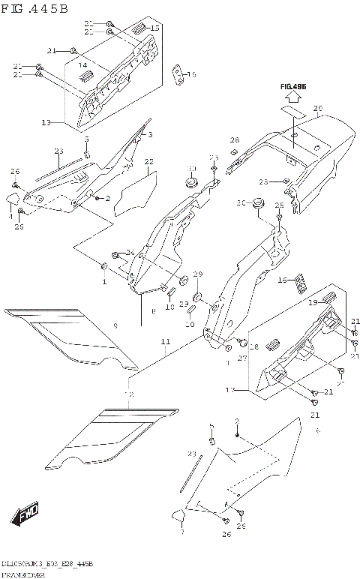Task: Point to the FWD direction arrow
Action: (25, 514)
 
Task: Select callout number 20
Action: (317, 109)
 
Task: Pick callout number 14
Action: (84, 66)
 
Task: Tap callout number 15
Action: (155, 28)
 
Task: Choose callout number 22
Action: (148, 161)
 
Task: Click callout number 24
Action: (130, 252)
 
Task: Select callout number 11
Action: (163, 342)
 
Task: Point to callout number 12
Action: (128, 394)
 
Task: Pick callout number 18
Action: (253, 347)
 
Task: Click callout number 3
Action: (149, 134)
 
